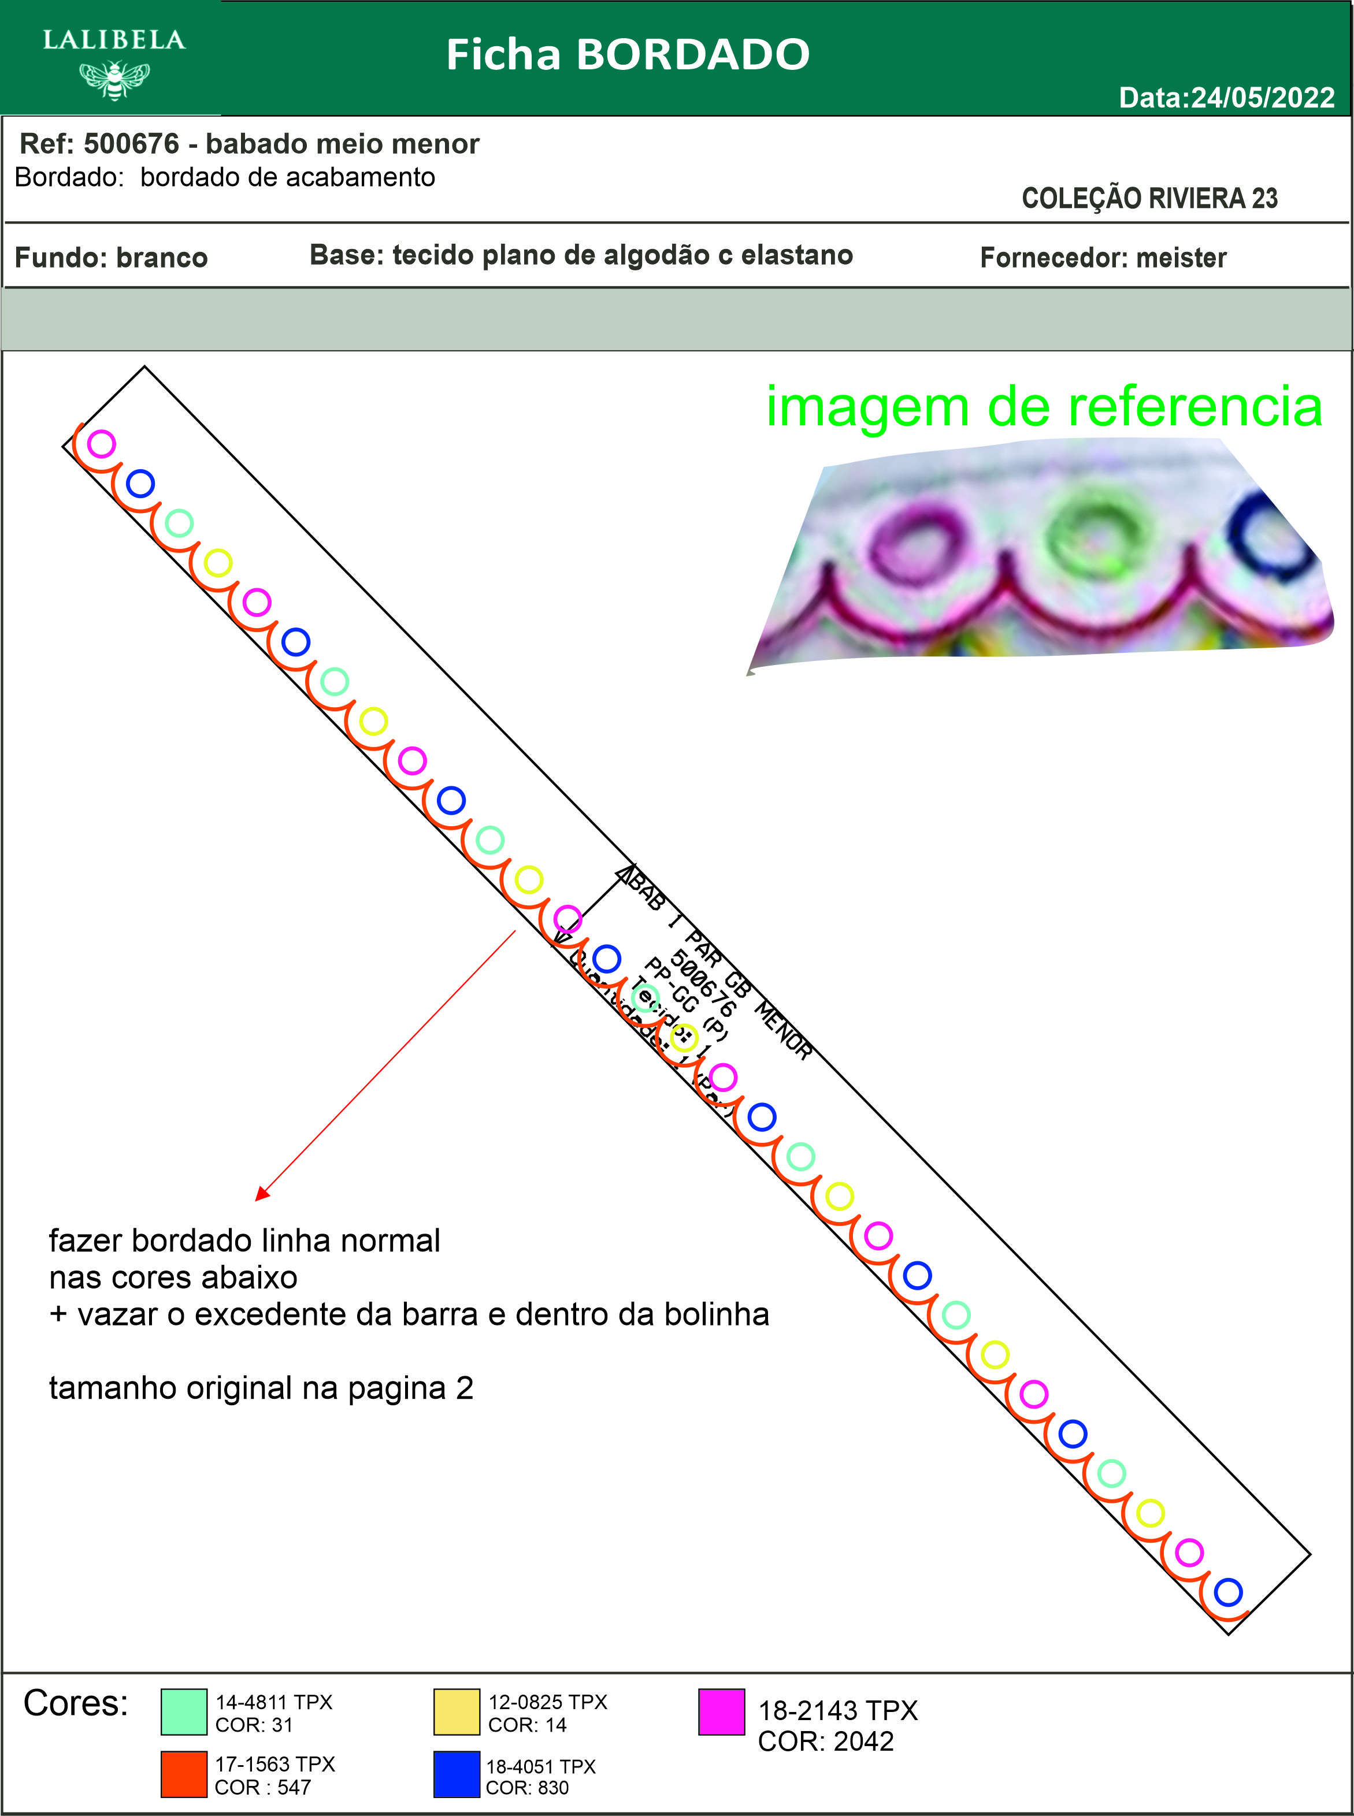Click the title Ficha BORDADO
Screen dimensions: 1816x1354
pos(627,55)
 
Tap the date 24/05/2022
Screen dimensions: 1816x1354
pos(1262,98)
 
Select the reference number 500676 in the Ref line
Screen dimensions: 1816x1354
pos(131,143)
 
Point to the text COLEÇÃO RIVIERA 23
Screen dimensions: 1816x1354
pos(1149,198)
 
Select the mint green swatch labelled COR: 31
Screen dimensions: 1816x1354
pos(184,1712)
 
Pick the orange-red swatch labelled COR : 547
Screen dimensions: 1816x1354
pos(184,1774)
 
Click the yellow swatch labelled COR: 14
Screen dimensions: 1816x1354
pos(457,1712)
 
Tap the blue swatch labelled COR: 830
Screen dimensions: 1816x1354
pos(457,1774)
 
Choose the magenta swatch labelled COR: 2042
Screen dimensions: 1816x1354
pos(721,1712)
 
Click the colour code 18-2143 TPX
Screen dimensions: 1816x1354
pos(837,1711)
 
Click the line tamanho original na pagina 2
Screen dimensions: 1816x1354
pos(261,1388)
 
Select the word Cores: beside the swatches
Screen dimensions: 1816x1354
pos(75,1704)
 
